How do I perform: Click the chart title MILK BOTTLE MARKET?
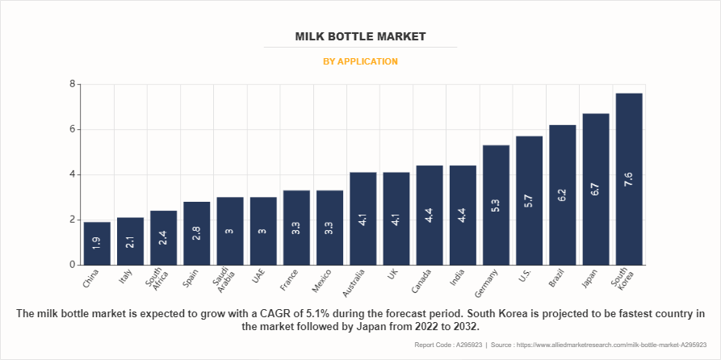coord(360,37)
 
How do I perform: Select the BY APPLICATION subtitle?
coord(360,61)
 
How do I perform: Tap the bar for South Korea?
coord(629,179)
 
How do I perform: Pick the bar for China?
coord(97,244)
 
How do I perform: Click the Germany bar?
coord(496,205)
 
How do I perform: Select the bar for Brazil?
coord(563,195)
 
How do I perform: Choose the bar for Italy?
coord(131,241)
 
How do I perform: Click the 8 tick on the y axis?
coord(72,84)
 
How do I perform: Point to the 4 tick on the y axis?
coord(72,174)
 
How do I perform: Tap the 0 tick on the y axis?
coord(72,265)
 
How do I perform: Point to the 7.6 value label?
coord(629,178)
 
